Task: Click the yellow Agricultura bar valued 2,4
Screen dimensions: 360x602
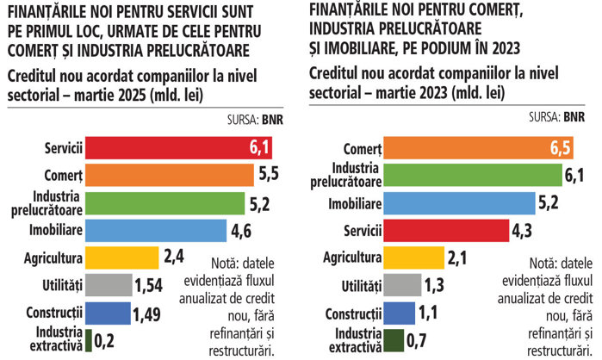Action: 122,257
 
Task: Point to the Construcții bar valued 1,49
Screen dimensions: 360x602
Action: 107,311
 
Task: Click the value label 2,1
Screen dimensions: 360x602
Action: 456,257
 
